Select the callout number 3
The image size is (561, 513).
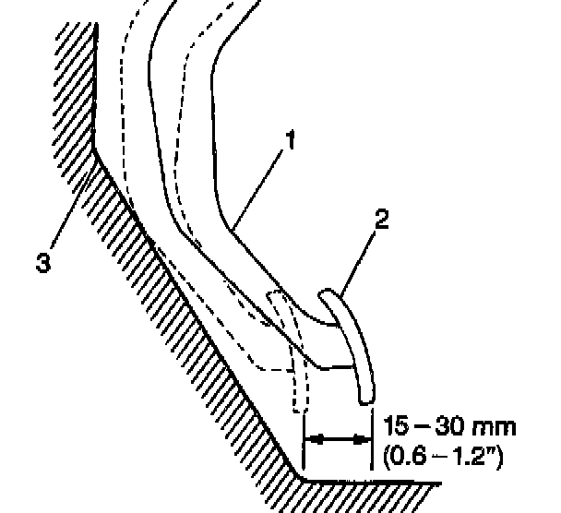[x=42, y=260]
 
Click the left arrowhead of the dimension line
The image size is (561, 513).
[x=311, y=439]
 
